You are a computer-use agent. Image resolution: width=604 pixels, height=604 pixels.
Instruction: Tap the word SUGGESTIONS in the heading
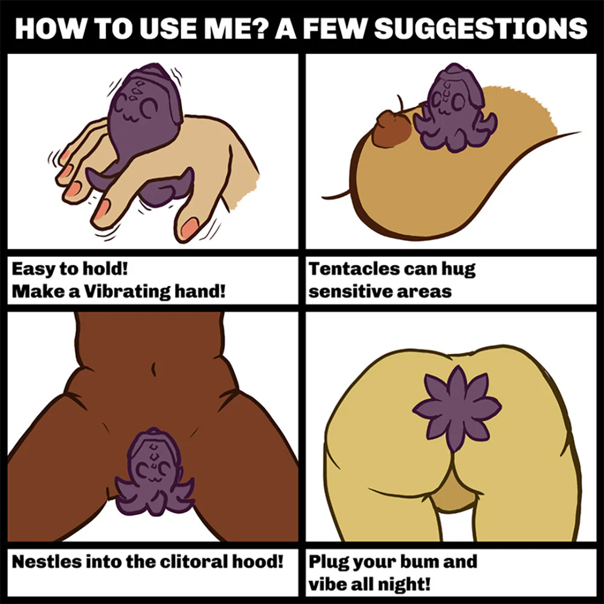click(480, 28)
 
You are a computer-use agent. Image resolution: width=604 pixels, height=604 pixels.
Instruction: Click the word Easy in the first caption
click(33, 269)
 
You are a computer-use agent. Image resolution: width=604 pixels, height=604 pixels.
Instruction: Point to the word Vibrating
click(127, 292)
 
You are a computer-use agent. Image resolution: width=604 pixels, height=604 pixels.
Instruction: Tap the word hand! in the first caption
click(200, 291)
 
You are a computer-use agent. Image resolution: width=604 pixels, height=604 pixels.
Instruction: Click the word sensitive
click(350, 292)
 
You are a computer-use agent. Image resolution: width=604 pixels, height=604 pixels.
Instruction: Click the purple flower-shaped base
click(457, 408)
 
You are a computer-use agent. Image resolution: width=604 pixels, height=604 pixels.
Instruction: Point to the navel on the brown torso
click(153, 369)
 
